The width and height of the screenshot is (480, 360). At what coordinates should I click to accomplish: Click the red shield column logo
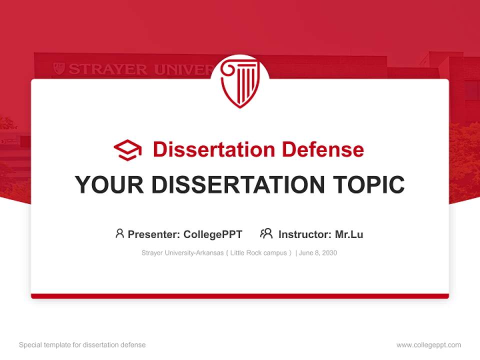pos(240,82)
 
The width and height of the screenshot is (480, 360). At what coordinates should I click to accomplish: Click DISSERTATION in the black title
pos(237,185)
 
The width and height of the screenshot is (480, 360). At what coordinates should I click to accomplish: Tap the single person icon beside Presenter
pos(119,233)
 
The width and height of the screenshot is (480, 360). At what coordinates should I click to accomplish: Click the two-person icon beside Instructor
pos(266,233)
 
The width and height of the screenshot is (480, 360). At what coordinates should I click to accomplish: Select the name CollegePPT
pos(213,234)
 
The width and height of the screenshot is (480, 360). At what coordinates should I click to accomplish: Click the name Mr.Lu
pos(349,234)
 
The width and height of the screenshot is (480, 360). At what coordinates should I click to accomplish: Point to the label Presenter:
pos(154,234)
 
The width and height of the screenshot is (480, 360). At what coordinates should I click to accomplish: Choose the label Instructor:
pos(304,234)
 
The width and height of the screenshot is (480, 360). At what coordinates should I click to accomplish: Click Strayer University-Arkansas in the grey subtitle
pos(182,253)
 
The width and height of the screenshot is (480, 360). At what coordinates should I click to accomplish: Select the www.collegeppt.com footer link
pos(428,345)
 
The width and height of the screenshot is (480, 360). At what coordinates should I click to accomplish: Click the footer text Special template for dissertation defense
pos(82,345)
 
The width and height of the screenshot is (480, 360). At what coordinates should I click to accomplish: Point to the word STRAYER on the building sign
pos(108,69)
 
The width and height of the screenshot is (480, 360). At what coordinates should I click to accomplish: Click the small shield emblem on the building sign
pos(59,68)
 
